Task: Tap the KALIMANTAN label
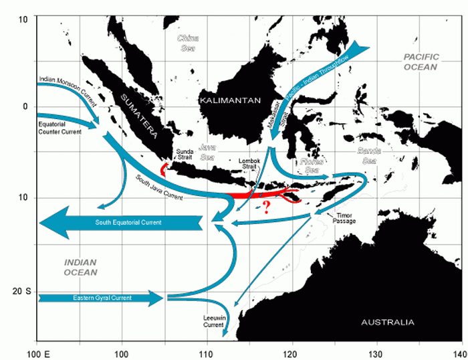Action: tap(229, 100)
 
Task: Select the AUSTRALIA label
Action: tap(387, 323)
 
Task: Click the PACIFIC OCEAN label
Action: tap(420, 63)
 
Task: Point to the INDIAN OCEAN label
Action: tap(81, 267)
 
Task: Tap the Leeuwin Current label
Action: tap(213, 321)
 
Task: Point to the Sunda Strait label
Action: tap(185, 155)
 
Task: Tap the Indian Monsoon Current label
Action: tap(68, 87)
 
